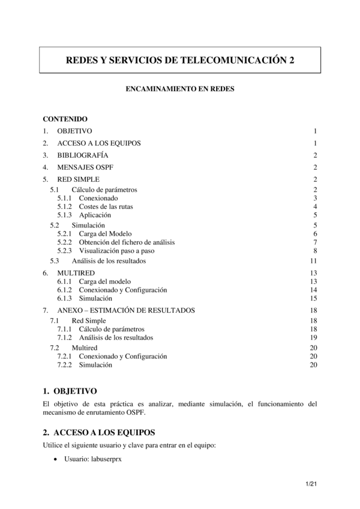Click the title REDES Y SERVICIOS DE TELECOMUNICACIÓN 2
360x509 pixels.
pos(179,61)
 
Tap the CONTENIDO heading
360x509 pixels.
pos(65,119)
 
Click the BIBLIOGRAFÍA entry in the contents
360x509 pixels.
pos(83,155)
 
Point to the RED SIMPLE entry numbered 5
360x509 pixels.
pos(78,179)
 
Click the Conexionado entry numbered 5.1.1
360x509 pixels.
pos(98,198)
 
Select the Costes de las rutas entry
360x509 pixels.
pos(106,206)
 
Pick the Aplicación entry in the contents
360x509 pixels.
pos(95,215)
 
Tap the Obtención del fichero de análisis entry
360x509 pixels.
pos(127,242)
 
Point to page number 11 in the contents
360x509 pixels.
pos(313,261)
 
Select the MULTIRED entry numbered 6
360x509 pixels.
pos(76,273)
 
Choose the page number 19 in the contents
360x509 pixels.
pos(313,337)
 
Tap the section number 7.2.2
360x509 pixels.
pos(65,364)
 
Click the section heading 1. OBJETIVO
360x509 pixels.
pos(70,391)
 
